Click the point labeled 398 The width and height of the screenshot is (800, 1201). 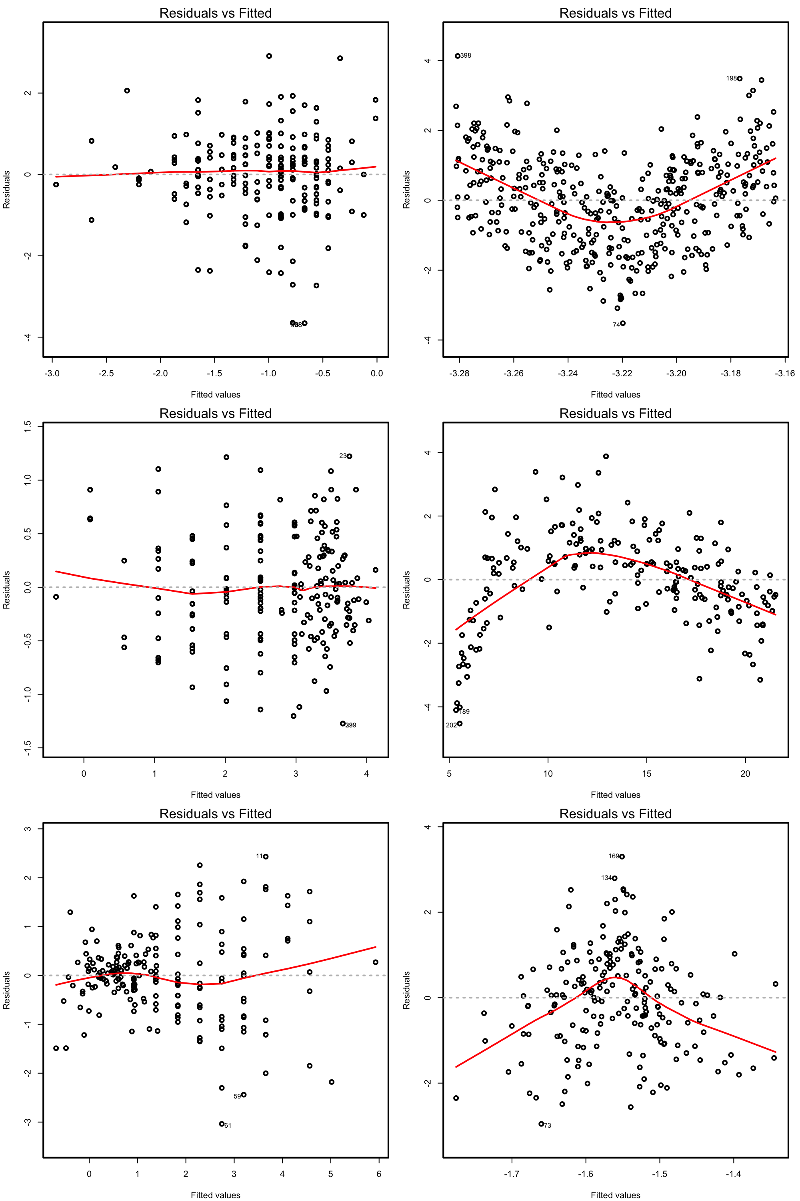click(x=458, y=56)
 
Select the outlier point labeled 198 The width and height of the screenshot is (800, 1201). click(x=740, y=78)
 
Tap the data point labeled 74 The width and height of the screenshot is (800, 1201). click(x=623, y=323)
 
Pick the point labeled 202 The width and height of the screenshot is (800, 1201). click(x=460, y=723)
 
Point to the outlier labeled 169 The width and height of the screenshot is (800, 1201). click(x=622, y=856)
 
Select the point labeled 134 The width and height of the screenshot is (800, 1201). click(x=615, y=878)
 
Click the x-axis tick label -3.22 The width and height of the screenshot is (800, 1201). click(x=622, y=373)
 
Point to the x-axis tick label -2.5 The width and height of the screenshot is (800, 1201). click(x=106, y=373)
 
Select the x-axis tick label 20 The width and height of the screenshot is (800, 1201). click(x=745, y=773)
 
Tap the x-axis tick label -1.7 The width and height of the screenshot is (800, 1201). click(x=512, y=1174)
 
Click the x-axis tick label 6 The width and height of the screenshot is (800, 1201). click(x=378, y=1174)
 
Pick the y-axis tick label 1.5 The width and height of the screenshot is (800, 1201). click(x=28, y=425)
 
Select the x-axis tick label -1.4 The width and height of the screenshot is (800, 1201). click(x=733, y=1174)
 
